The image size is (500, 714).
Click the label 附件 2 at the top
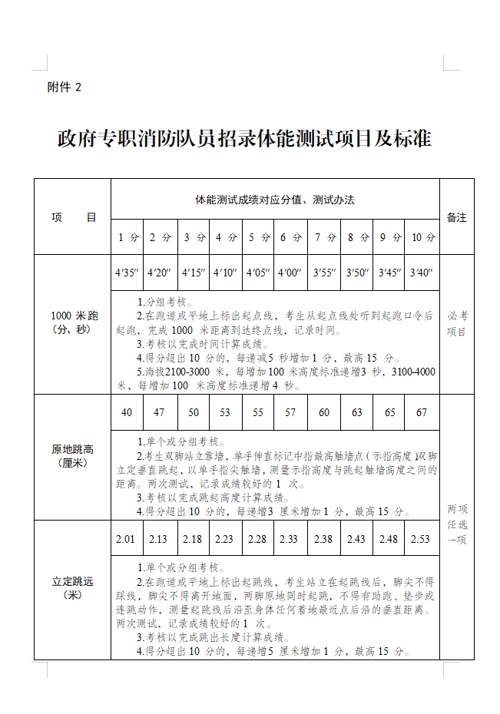65,88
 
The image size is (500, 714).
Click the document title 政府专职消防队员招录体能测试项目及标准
244,139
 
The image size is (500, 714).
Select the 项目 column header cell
74,217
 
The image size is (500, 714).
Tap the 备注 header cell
456,217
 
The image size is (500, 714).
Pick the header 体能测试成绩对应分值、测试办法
274,200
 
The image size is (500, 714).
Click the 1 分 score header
127,237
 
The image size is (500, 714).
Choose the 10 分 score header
422,237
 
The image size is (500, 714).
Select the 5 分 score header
259,237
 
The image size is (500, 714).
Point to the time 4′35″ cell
127,273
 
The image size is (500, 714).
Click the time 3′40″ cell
422,273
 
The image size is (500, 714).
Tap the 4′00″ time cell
290,273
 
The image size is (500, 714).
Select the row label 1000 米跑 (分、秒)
73,322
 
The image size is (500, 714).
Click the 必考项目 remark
457,323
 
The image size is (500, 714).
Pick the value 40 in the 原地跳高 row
127,412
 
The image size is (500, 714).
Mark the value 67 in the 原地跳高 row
422,412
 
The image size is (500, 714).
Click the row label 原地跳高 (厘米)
73,456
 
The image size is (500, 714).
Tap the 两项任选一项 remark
457,524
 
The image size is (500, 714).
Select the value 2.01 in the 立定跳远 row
126,539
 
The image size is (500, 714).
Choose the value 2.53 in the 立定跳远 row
421,539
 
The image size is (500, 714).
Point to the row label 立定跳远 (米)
73,588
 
